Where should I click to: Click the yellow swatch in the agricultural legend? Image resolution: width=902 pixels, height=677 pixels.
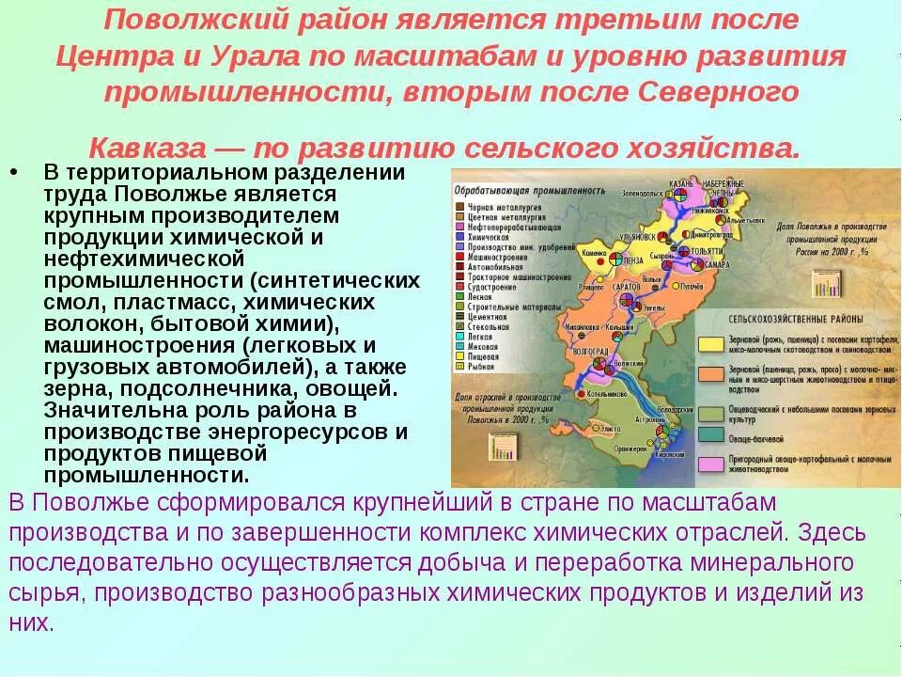(x=710, y=345)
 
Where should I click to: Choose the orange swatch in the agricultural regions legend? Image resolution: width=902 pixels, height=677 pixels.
(x=710, y=374)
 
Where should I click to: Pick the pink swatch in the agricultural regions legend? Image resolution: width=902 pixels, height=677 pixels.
(x=710, y=464)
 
